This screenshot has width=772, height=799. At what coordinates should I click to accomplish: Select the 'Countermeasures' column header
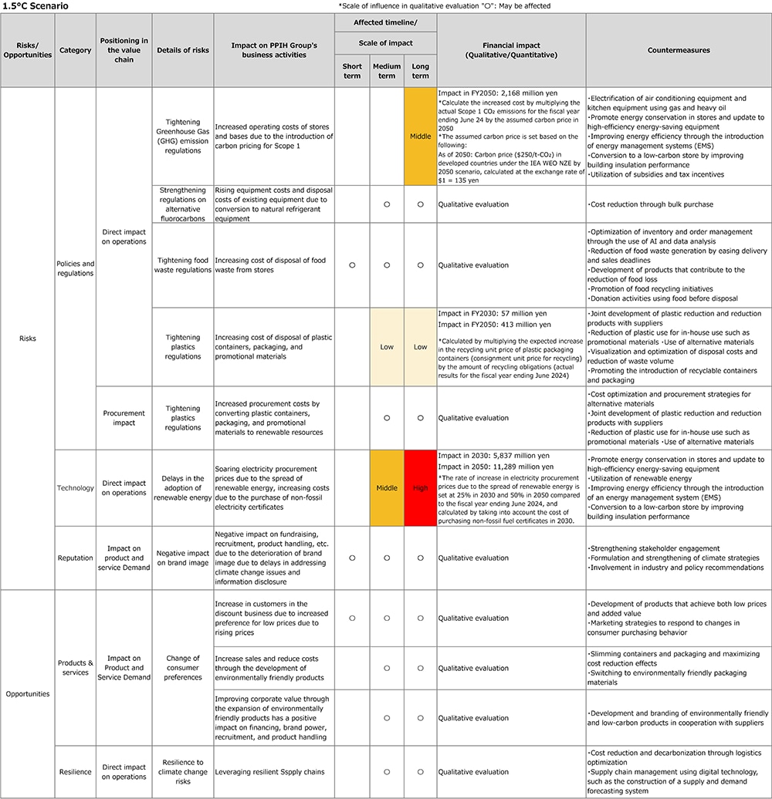tap(680, 50)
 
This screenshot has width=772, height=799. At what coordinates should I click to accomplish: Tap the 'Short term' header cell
tap(352, 71)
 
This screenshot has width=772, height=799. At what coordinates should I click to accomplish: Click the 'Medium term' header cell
tap(387, 71)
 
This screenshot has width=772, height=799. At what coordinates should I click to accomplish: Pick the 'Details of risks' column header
tap(183, 50)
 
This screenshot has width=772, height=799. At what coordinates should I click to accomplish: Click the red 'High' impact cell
tap(420, 488)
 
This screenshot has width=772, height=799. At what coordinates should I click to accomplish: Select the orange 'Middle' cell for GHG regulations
tap(420, 137)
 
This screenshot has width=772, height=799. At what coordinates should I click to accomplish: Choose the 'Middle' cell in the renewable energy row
tap(387, 488)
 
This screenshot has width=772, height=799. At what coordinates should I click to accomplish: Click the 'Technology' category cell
tap(75, 488)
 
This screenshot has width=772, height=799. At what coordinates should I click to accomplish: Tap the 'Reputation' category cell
tap(75, 558)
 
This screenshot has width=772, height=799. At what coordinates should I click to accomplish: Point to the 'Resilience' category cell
tap(75, 771)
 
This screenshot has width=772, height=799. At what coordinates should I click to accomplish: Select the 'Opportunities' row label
tap(27, 693)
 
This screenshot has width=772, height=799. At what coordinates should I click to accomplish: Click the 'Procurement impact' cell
tap(124, 417)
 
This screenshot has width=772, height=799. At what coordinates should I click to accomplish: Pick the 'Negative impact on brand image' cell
tap(183, 558)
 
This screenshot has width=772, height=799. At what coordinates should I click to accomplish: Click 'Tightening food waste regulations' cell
tap(183, 265)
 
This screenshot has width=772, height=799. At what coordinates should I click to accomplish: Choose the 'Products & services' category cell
tap(75, 667)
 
